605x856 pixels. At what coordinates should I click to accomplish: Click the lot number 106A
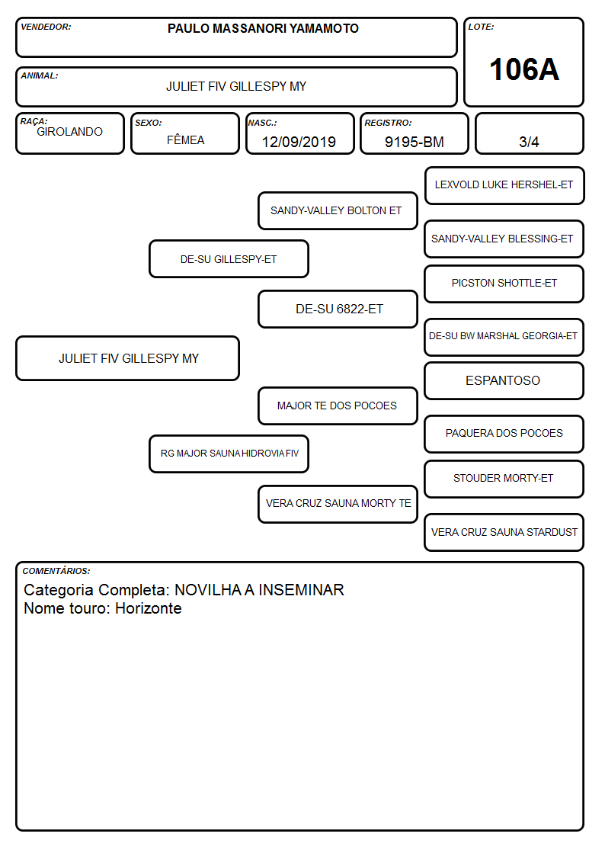[x=523, y=69]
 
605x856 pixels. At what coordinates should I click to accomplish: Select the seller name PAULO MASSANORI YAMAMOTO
[x=263, y=28]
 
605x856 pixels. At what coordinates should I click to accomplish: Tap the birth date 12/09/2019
[x=299, y=142]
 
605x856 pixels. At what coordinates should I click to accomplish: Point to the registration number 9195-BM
[x=414, y=142]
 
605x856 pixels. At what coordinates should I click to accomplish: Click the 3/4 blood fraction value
[x=529, y=142]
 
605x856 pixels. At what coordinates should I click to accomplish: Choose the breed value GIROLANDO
[x=69, y=132]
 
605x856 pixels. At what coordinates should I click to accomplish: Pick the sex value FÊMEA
[x=185, y=139]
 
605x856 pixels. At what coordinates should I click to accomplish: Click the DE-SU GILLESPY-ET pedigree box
[x=229, y=258]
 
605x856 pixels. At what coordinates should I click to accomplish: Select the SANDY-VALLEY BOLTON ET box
[x=338, y=210]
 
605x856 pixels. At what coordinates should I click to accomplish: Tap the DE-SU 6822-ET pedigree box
[x=338, y=309]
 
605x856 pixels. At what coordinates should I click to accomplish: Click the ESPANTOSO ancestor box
[x=504, y=380]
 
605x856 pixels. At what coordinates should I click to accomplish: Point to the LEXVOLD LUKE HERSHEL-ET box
[x=504, y=186]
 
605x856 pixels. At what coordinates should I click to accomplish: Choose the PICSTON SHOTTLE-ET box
[x=504, y=284]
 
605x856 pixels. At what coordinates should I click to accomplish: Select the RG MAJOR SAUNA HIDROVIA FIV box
[x=229, y=454]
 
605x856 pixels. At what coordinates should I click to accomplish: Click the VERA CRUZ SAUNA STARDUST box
[x=504, y=532]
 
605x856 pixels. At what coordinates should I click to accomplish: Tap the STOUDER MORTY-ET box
[x=504, y=479]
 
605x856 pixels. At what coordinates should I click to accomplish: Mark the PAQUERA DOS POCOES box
[x=504, y=434]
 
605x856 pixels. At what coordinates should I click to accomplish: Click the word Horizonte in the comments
[x=149, y=608]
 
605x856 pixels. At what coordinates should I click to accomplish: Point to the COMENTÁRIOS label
[x=56, y=571]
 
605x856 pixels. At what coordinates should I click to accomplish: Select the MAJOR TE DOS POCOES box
[x=338, y=406]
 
